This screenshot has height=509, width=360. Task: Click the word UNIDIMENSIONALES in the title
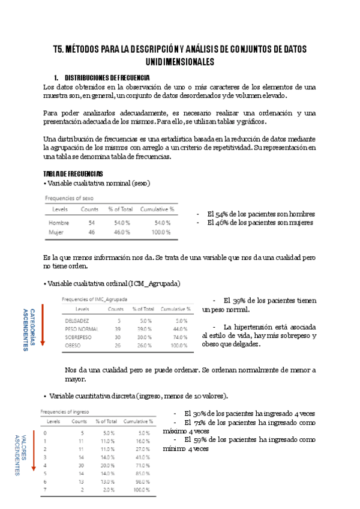click(180, 62)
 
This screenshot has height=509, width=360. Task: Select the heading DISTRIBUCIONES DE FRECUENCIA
click(107, 78)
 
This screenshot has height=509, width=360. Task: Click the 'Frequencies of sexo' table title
click(70, 197)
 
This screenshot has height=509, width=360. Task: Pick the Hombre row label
click(59, 222)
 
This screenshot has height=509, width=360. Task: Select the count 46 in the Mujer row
click(91, 232)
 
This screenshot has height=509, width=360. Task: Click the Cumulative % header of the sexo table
click(157, 209)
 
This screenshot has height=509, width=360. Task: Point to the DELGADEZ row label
click(77, 321)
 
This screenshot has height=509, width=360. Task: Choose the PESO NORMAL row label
click(81, 329)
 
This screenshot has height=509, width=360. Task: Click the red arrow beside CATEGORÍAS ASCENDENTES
click(43, 324)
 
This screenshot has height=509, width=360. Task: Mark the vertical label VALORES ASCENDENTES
click(20, 455)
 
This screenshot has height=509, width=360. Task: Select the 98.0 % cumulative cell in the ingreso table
click(141, 482)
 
